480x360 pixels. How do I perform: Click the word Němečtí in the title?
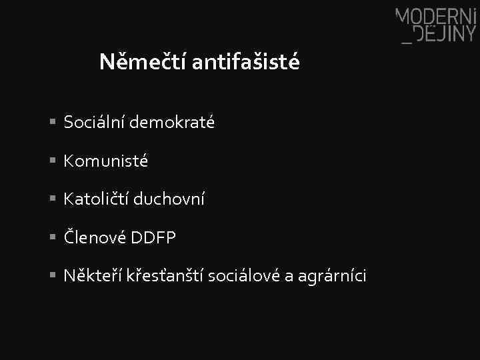pyautogui.click(x=142, y=63)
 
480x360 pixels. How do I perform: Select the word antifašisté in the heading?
pyautogui.click(x=245, y=63)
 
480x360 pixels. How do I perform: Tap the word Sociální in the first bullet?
pyautogui.click(x=94, y=123)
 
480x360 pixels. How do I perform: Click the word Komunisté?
pyautogui.click(x=106, y=161)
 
